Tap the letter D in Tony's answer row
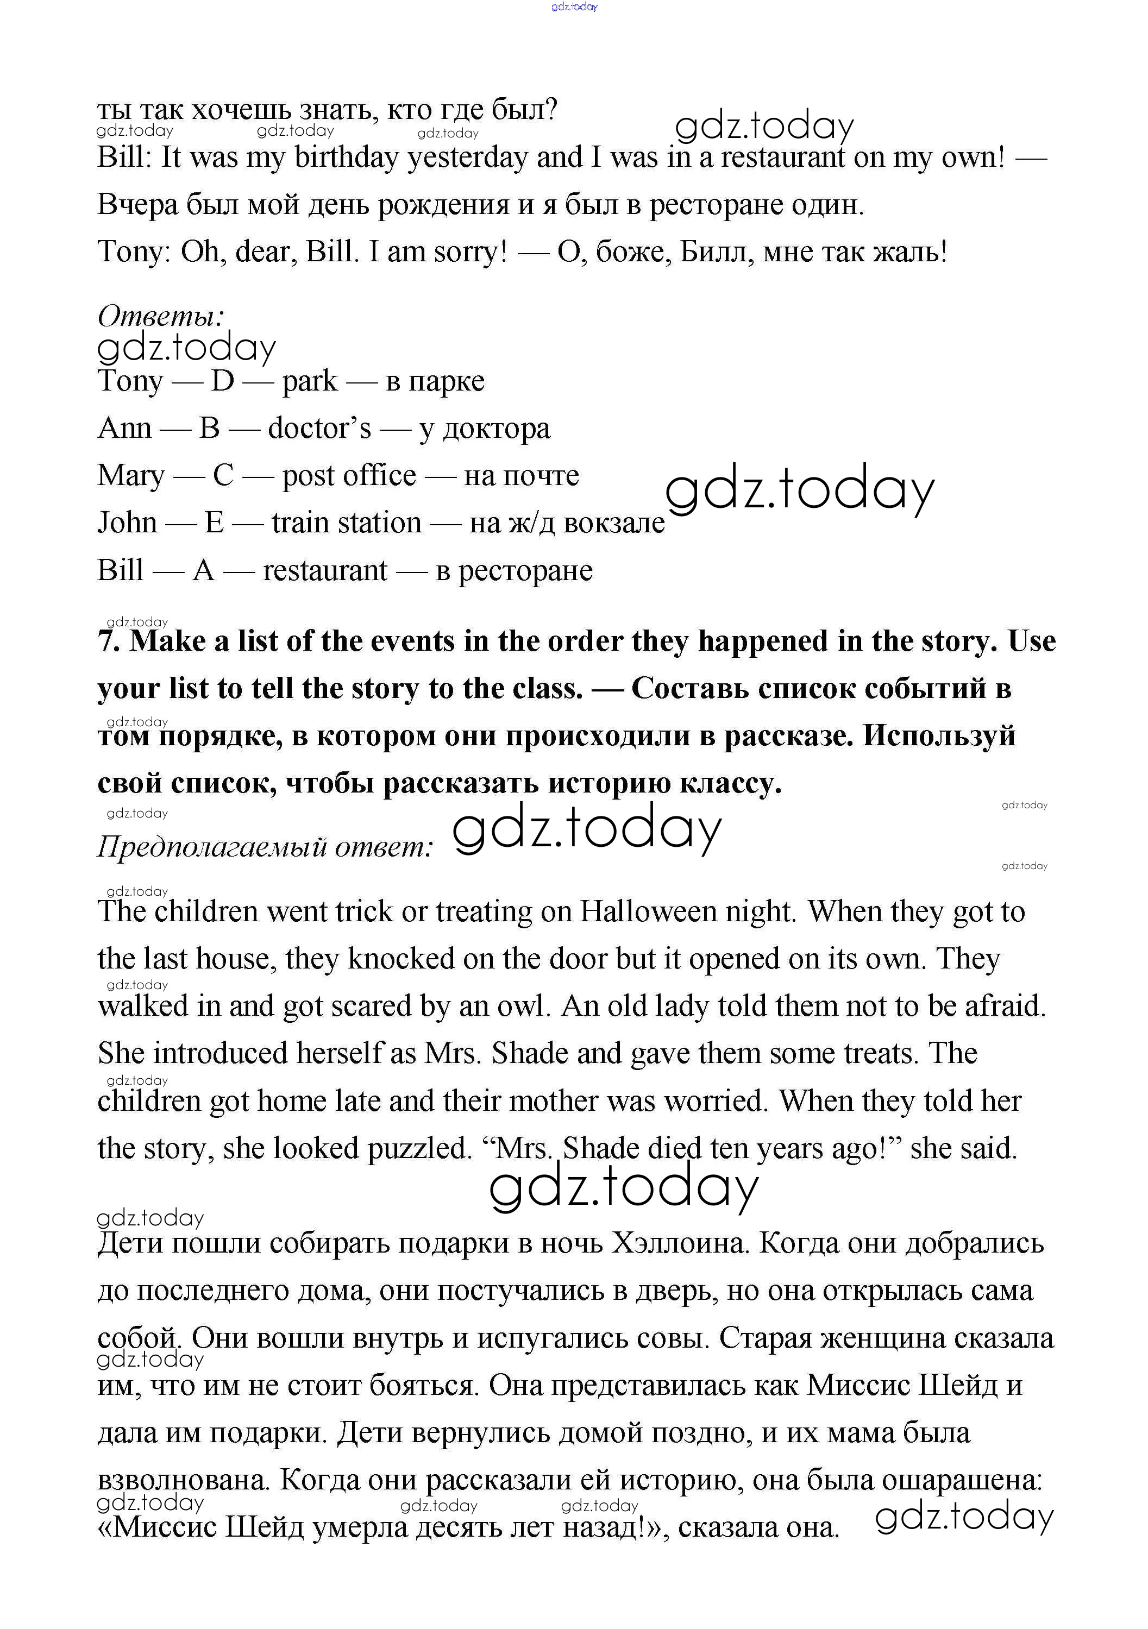point(222,381)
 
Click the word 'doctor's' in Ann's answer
point(319,429)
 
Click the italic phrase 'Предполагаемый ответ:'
point(265,846)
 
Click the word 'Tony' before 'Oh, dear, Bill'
point(130,252)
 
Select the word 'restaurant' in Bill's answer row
point(325,570)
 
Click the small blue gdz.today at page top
point(574,7)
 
